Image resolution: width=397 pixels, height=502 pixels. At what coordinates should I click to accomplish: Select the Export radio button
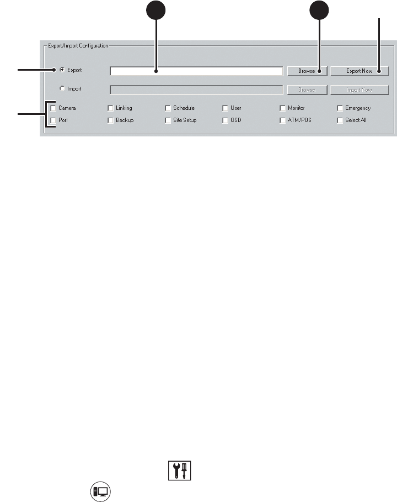[62, 70]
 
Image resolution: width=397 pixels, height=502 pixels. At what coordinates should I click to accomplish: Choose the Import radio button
[62, 88]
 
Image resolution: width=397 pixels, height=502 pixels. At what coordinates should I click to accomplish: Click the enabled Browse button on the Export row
[307, 71]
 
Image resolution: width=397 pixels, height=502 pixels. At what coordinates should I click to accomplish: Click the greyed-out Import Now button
[360, 89]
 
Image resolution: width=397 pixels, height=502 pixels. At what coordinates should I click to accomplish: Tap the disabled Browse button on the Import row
[307, 89]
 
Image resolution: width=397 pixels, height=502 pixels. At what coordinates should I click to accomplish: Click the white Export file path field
[196, 71]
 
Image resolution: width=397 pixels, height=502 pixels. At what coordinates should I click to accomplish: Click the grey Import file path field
[196, 89]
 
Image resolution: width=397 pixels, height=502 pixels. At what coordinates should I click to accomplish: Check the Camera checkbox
[53, 108]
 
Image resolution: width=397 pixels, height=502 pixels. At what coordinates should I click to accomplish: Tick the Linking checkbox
[111, 108]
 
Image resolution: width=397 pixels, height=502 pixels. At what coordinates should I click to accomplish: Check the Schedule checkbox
[168, 108]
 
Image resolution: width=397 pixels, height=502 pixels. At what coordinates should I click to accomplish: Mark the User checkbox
[226, 108]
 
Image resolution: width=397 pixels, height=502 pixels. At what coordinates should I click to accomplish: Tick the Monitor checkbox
[283, 108]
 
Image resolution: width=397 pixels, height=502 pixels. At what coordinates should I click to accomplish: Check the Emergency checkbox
[340, 108]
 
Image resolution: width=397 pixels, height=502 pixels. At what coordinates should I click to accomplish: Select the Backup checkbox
[111, 120]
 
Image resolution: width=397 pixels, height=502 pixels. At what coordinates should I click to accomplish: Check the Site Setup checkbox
[168, 120]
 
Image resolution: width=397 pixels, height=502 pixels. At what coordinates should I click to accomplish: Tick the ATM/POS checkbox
[283, 120]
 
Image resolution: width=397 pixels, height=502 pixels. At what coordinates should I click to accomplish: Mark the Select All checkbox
[340, 120]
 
